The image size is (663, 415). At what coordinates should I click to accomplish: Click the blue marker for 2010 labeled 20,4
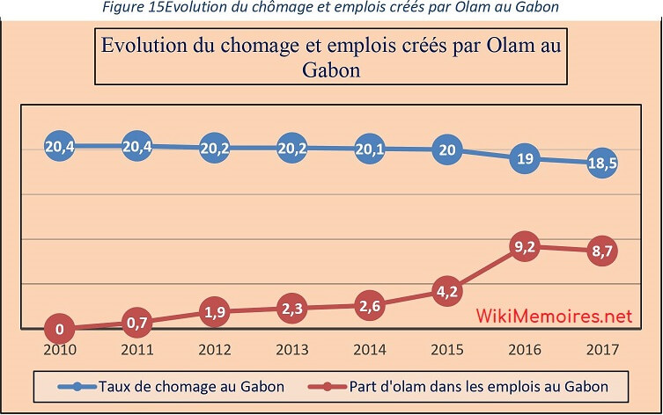[x=60, y=147]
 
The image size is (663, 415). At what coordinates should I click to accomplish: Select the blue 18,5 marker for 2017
[x=602, y=164]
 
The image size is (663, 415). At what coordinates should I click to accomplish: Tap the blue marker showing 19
[x=525, y=159]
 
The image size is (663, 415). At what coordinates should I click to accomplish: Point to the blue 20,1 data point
[x=371, y=149]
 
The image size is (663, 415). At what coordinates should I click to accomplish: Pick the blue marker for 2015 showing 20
[x=447, y=149]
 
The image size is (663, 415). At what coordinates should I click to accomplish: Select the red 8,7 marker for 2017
[x=602, y=251]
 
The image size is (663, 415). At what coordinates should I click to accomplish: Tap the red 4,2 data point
[x=447, y=291]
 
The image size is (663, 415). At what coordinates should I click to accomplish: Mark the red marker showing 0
[x=60, y=329]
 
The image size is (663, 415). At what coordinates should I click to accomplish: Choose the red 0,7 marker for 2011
[x=137, y=323]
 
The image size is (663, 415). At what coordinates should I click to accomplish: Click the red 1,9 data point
[x=215, y=311]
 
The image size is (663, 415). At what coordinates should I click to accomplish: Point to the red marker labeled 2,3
[x=292, y=308]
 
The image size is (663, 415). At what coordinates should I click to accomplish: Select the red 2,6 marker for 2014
[x=371, y=305]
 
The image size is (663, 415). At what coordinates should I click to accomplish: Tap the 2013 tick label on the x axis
[x=292, y=349]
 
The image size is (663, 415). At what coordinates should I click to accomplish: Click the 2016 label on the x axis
[x=525, y=349]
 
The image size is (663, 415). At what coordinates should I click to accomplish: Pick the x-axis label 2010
[x=60, y=349]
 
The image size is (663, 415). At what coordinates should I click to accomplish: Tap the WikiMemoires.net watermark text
[x=555, y=315]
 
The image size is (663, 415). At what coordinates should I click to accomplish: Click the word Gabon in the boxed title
[x=331, y=69]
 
